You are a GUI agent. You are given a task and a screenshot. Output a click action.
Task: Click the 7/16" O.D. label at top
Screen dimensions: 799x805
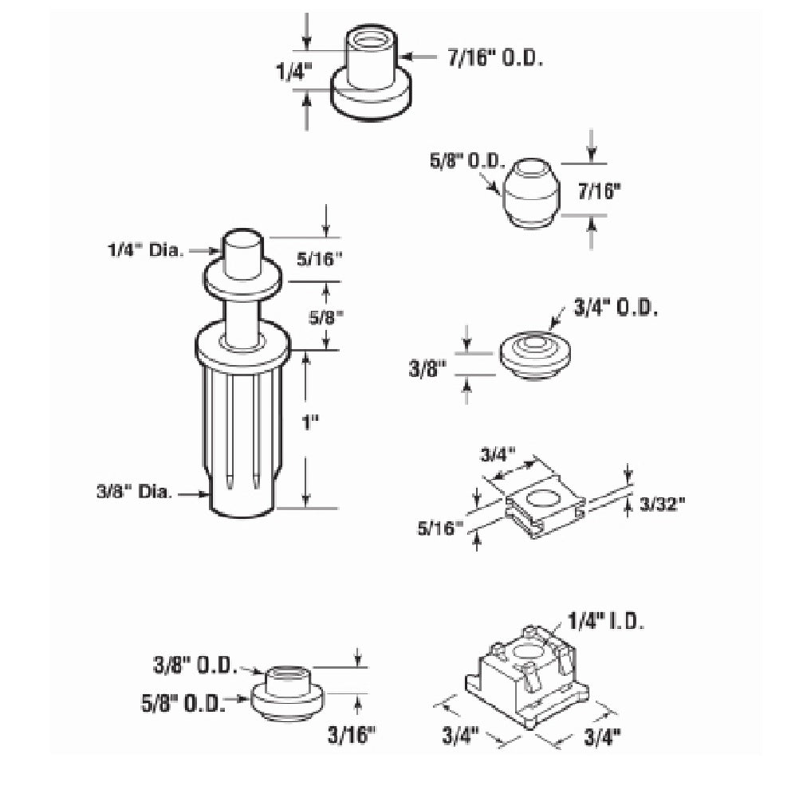pos(495,58)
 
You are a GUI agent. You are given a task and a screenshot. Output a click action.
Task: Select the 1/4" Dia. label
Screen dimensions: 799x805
pos(145,250)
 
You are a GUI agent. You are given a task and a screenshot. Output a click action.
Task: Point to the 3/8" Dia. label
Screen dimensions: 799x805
pos(134,492)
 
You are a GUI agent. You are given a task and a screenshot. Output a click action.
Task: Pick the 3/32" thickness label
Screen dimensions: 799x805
pos(663,505)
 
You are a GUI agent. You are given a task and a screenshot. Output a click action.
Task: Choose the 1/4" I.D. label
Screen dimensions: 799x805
pos(606,622)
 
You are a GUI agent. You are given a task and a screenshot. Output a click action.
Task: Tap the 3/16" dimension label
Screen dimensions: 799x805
pos(352,735)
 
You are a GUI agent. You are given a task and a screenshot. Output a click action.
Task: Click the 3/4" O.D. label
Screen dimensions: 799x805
pos(615,308)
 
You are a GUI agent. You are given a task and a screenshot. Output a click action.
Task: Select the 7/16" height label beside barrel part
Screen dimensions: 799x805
pos(600,191)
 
